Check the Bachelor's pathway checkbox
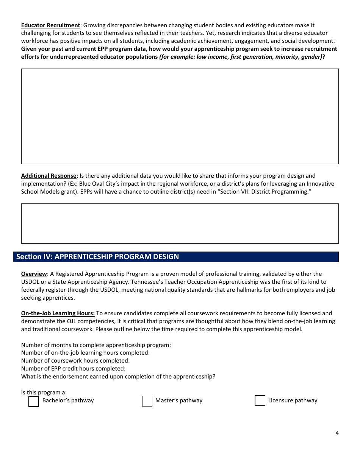[x=34, y=401]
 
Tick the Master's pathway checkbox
[x=147, y=401]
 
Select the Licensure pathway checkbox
[x=260, y=401]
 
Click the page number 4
[x=337, y=433]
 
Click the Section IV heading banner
[x=176, y=257]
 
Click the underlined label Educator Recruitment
[x=50, y=25]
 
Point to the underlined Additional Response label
[x=49, y=176]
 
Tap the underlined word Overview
[x=34, y=274]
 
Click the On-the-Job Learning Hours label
[x=58, y=313]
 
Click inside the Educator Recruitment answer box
[x=180, y=116]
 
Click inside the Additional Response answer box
[x=180, y=224]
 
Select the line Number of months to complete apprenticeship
[x=96, y=345]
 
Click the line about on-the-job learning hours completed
[x=85, y=353]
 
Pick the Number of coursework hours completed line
[x=75, y=361]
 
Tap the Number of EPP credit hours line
[x=73, y=369]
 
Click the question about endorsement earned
[x=118, y=377]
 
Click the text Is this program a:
[x=44, y=393]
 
